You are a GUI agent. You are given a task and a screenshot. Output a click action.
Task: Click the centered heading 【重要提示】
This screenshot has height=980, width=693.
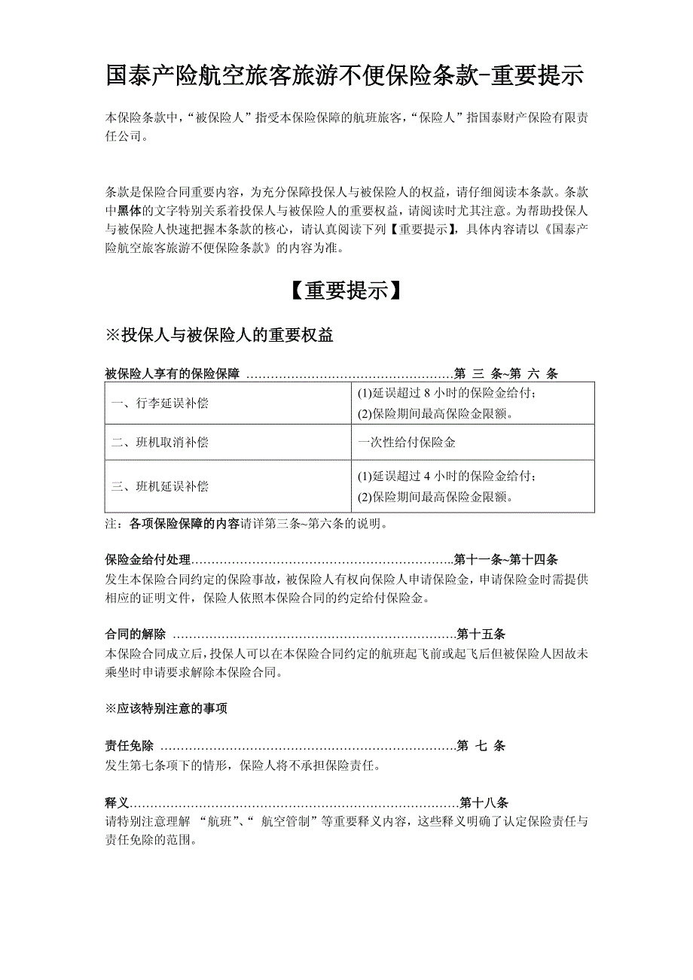coord(346,291)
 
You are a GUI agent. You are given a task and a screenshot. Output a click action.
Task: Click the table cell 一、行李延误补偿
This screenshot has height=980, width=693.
coord(160,403)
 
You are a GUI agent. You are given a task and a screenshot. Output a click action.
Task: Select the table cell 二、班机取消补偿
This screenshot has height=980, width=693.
coord(160,443)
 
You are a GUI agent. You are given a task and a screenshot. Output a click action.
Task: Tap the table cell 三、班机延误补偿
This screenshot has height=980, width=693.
coord(160,486)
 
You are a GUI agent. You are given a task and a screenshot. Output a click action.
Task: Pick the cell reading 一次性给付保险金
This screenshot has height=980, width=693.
coord(407,443)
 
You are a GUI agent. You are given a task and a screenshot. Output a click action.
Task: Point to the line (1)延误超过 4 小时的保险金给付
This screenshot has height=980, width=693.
coord(447,476)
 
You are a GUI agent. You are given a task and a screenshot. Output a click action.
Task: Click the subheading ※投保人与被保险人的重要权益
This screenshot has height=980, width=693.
coord(220,336)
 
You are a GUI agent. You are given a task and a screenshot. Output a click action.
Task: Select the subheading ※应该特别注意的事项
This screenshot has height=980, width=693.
coord(166,708)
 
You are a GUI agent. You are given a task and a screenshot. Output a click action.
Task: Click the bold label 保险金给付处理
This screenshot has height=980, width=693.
coord(148,560)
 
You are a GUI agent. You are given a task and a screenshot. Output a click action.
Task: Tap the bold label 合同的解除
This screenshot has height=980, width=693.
coord(135,635)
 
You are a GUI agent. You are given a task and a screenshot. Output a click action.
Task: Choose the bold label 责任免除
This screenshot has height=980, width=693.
coord(129,746)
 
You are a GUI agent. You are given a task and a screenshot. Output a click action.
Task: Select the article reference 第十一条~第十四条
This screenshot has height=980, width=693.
coord(506,560)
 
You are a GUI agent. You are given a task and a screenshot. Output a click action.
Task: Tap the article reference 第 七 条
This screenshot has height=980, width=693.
coord(481,746)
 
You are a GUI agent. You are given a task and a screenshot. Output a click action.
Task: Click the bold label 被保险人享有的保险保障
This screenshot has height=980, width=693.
coord(172,374)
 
